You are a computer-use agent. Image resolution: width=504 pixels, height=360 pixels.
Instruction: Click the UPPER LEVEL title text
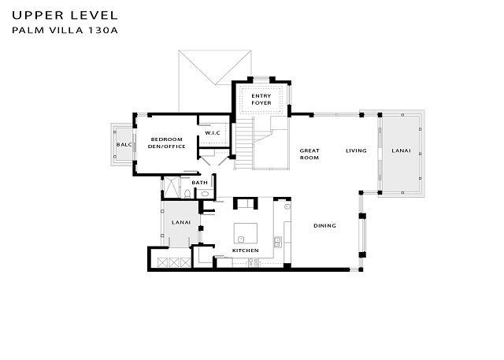tap(65, 15)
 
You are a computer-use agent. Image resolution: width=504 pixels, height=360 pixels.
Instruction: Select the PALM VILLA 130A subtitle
tap(65, 30)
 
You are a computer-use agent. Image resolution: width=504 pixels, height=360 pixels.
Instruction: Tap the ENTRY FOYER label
tap(261, 99)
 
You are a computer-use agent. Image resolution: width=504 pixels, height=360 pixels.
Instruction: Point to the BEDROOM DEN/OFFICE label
tap(166, 143)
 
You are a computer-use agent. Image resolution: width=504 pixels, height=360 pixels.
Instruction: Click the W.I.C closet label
tap(213, 133)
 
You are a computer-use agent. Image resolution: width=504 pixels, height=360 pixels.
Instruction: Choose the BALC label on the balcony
tap(124, 145)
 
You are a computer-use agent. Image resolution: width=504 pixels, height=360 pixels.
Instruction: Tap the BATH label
tap(199, 183)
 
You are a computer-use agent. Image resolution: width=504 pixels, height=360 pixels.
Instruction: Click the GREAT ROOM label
tap(309, 154)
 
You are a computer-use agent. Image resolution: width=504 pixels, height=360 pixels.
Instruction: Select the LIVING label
tap(356, 150)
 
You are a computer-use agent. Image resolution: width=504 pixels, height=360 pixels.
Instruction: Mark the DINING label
tap(324, 225)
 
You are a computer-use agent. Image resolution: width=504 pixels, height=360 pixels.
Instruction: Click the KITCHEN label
tap(245, 251)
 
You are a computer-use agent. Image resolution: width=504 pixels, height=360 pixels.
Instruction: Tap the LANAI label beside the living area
tap(401, 150)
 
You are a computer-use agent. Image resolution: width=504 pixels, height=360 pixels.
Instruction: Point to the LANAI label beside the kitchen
tap(181, 222)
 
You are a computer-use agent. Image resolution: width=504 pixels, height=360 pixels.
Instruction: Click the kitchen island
tap(246, 233)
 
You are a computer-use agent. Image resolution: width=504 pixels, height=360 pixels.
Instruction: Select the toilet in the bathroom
tap(187, 194)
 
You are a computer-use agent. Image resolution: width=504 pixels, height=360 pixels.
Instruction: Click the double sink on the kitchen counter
tap(278, 242)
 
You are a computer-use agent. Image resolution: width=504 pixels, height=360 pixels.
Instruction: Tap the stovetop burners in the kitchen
tap(254, 262)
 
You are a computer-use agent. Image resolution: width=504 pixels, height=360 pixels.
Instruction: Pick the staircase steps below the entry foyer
tap(244, 143)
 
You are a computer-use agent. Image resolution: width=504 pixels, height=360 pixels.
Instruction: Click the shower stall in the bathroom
tap(172, 187)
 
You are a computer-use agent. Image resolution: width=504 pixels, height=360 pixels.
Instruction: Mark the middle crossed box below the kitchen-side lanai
tap(174, 262)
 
